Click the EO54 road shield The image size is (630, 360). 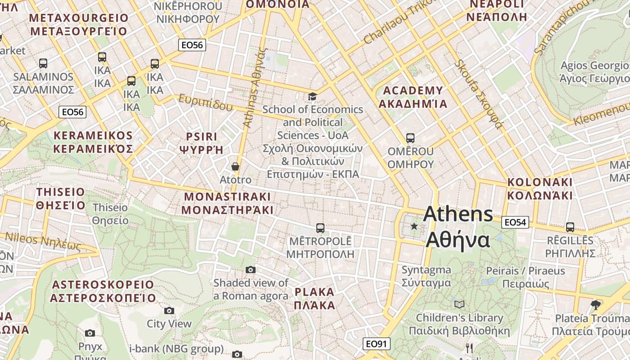pyautogui.click(x=515, y=222)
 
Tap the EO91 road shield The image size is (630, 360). pyautogui.click(x=376, y=344)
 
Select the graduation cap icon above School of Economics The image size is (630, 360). pyautogui.click(x=312, y=96)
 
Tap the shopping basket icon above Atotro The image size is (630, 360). pyautogui.click(x=235, y=166)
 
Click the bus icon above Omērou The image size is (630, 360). pyautogui.click(x=410, y=138)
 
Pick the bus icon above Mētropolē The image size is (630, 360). pyautogui.click(x=320, y=228)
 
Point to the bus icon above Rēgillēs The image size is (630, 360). pyautogui.click(x=570, y=227)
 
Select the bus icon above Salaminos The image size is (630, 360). pyautogui.click(x=43, y=63)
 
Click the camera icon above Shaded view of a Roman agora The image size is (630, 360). pyautogui.click(x=251, y=270)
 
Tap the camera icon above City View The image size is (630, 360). pyautogui.click(x=169, y=310)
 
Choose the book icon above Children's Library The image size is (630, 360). pyautogui.click(x=459, y=305)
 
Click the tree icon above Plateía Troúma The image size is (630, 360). pyautogui.click(x=596, y=305)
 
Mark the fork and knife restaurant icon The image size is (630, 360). pyautogui.click(x=469, y=348)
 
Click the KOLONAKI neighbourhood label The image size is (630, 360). pyautogui.click(x=540, y=189)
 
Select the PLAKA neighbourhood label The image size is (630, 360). pyautogui.click(x=315, y=298)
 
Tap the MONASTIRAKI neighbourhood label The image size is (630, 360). pyautogui.click(x=227, y=203)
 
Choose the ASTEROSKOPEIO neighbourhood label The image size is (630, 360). pyautogui.click(x=103, y=291)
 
